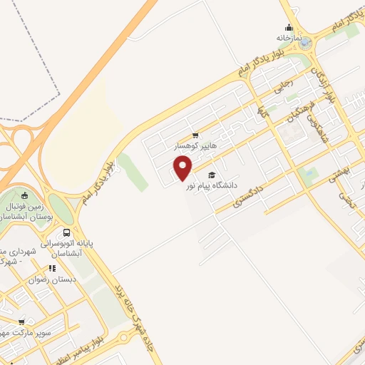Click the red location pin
pyautogui.click(x=183, y=168)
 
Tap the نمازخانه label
pyautogui.click(x=290, y=36)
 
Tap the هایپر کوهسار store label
pyautogui.click(x=196, y=145)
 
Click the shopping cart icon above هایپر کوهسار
pyautogui.click(x=195, y=135)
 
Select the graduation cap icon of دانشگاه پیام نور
pyautogui.click(x=210, y=175)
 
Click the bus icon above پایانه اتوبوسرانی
pyautogui.click(x=66, y=232)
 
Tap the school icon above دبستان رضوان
pyautogui.click(x=51, y=269)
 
